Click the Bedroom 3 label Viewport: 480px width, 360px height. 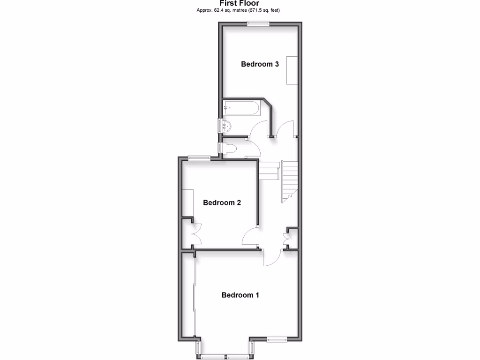(x=260, y=64)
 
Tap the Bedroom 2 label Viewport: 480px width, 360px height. (x=222, y=203)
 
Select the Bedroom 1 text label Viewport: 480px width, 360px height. (x=240, y=295)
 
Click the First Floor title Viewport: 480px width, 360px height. (x=240, y=3)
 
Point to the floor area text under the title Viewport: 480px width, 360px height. (x=240, y=10)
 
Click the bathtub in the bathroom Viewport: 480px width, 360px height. (x=241, y=108)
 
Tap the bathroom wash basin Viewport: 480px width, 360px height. (x=225, y=126)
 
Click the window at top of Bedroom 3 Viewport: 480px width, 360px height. (x=258, y=23)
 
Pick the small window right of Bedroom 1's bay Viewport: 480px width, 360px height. (x=277, y=338)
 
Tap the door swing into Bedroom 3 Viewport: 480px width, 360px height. (x=285, y=128)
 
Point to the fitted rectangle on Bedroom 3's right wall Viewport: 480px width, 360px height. (x=292, y=70)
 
